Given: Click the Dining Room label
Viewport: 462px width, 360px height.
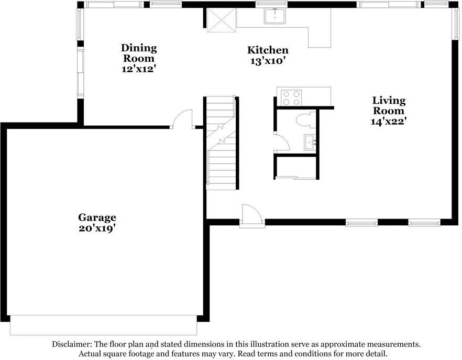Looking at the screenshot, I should click(139, 53).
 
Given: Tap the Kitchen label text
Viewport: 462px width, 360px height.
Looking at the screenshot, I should click(268, 50).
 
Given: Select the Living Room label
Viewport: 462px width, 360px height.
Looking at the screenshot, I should click(389, 105).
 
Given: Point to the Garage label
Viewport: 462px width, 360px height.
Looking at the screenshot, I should click(97, 217).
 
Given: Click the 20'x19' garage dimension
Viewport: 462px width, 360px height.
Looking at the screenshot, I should click(97, 228).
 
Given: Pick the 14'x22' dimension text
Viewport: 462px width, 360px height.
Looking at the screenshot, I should click(389, 121).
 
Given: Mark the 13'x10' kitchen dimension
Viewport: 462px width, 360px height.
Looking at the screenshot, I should click(268, 61).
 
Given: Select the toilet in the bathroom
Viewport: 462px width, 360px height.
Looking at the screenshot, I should click(303, 121).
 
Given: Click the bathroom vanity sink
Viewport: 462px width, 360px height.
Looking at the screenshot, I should click(309, 141).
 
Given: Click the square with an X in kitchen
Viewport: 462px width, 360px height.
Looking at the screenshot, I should click(220, 20).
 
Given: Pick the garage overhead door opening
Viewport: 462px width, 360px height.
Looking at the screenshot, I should click(104, 325).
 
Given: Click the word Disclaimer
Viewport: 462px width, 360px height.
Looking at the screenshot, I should click(72, 344).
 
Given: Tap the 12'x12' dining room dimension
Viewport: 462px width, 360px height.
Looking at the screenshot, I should click(139, 69).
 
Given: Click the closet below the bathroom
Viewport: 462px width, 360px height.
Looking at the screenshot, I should click(295, 167).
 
